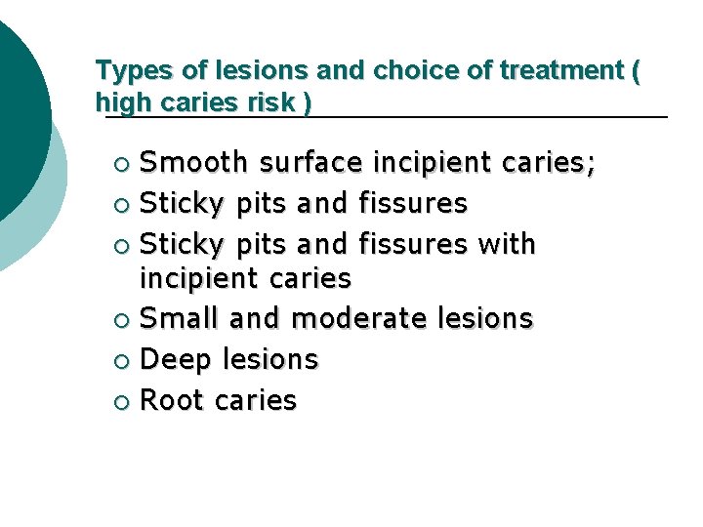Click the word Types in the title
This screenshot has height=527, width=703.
tap(127, 71)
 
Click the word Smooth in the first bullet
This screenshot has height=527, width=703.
tap(192, 162)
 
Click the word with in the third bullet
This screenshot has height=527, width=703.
tap(507, 242)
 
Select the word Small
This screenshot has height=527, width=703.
tap(181, 319)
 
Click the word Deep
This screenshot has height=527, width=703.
tap(175, 360)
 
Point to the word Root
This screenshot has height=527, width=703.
tap(173, 400)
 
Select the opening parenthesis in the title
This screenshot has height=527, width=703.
tap(636, 71)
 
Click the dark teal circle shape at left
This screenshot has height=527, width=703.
tap(15, 117)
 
